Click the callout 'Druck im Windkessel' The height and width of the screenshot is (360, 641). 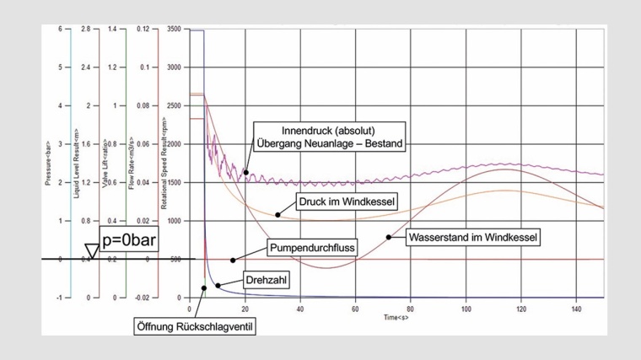point(336,203)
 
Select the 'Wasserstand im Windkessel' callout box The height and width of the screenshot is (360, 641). point(472,237)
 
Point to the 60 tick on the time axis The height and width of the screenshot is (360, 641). point(355,308)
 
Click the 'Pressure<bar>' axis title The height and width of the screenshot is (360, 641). point(50,165)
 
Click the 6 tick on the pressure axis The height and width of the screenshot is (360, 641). point(59,30)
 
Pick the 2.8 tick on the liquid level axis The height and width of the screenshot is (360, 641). point(85,30)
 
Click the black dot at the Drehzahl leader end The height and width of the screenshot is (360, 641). point(218,286)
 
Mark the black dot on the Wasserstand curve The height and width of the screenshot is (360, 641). point(389,237)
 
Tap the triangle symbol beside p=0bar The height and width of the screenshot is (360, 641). point(91,250)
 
